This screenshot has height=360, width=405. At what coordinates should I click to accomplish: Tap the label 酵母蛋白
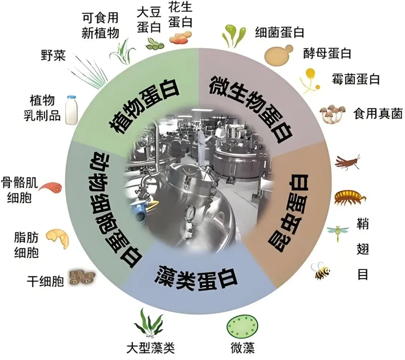pyautogui.click(x=327, y=53)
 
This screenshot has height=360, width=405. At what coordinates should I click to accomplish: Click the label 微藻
pyautogui.click(x=243, y=348)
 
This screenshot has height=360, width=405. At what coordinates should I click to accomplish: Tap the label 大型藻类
pyautogui.click(x=150, y=348)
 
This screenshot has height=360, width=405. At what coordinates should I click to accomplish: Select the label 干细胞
pyautogui.click(x=45, y=281)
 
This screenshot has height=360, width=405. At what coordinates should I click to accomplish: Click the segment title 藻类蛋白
pyautogui.click(x=196, y=278)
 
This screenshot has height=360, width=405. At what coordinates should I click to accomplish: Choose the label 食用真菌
pyautogui.click(x=378, y=113)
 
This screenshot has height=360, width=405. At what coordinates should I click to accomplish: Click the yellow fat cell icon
pyautogui.click(x=58, y=238)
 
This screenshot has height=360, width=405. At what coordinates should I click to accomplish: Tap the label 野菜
pyautogui.click(x=53, y=56)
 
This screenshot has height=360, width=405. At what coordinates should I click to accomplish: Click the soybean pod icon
pyautogui.click(x=154, y=44)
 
